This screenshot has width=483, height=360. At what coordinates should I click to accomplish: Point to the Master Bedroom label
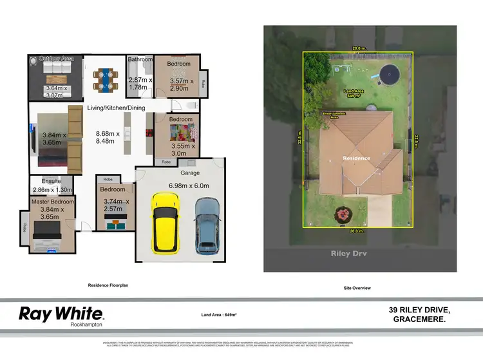coord(53,202)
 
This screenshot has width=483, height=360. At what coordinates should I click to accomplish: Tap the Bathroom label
coord(140,59)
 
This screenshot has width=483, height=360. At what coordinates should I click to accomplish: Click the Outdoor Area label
coord(57,59)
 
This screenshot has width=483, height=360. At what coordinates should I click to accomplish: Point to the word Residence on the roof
coord(357,158)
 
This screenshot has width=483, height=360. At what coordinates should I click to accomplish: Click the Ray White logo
coord(61,314)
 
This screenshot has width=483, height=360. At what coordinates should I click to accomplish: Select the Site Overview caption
coord(357,288)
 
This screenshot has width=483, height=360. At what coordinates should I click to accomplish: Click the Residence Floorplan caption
coord(109,285)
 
